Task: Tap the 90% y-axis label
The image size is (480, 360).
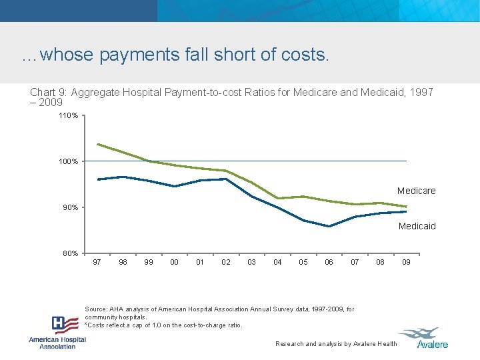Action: pyautogui.click(x=70, y=207)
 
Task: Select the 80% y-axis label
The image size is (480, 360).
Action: pyautogui.click(x=70, y=253)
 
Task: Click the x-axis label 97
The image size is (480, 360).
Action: pyautogui.click(x=97, y=262)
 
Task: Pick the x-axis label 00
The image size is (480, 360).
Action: pyautogui.click(x=174, y=262)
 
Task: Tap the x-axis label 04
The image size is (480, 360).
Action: pyautogui.click(x=277, y=262)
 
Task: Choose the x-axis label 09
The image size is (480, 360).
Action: pyautogui.click(x=406, y=262)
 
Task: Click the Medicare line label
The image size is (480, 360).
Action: pyautogui.click(x=416, y=191)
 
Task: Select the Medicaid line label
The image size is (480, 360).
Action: pyautogui.click(x=417, y=226)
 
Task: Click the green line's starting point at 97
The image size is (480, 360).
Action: pyautogui.click(x=98, y=144)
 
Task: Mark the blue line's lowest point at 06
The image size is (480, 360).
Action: pyautogui.click(x=329, y=226)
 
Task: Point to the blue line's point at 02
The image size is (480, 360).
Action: pyautogui.click(x=226, y=179)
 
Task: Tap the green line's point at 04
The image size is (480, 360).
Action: pyautogui.click(x=277, y=198)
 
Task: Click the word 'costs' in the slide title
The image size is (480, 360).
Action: pyautogui.click(x=307, y=55)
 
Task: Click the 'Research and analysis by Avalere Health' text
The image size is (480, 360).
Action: pyautogui.click(x=336, y=344)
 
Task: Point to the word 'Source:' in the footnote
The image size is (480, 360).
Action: pyautogui.click(x=97, y=309)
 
